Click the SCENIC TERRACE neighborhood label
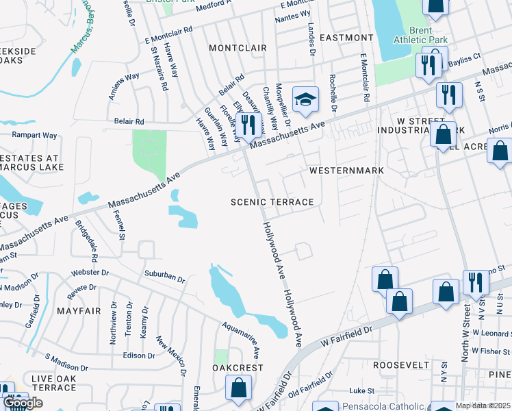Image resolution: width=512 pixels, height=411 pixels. point(272,202)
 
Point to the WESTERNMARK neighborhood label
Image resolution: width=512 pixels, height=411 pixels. point(346,169)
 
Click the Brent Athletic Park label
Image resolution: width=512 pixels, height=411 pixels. point(420,35)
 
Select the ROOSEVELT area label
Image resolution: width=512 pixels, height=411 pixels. point(400,365)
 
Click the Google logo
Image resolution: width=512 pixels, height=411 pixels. point(23,403)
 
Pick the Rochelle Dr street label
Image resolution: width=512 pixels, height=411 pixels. point(334,93)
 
